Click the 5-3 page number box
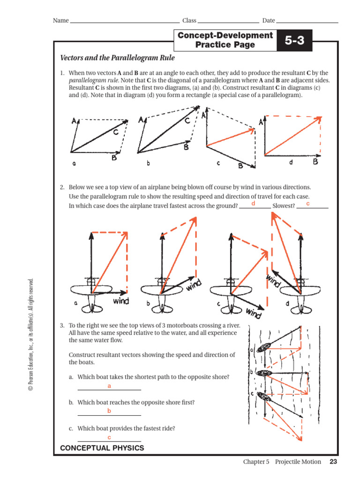point(294,41)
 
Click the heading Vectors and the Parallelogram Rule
point(118,58)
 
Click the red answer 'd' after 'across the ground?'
point(254,203)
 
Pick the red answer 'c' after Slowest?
point(308,203)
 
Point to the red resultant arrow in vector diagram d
point(292,136)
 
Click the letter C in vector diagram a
point(115,132)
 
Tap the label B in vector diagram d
point(315,162)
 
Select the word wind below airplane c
point(253,313)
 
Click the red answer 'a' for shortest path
point(109,386)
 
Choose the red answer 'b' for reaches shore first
point(109,411)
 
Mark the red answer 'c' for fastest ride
point(109,437)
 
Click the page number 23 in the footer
point(333,462)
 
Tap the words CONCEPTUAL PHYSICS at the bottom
point(102,448)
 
